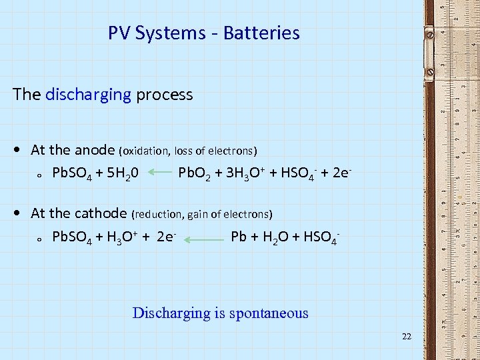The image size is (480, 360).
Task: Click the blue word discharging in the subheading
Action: [x=88, y=95]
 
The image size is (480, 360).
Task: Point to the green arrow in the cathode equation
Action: [x=204, y=237]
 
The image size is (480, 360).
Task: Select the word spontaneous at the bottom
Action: [x=269, y=313]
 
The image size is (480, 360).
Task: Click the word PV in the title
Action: [x=119, y=33]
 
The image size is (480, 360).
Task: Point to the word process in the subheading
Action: [x=164, y=95]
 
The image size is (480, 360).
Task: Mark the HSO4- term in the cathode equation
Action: [x=321, y=236]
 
